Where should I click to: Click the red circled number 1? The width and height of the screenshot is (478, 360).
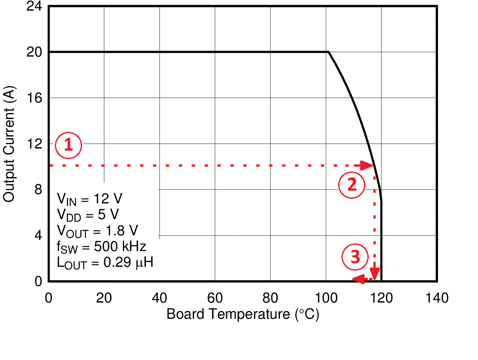point(68,146)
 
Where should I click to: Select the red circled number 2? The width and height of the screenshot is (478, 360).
point(352,185)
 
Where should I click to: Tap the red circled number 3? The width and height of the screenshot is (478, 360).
point(355,257)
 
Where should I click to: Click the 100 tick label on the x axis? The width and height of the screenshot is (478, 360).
point(326,298)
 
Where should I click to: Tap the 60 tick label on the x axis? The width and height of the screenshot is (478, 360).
point(215,298)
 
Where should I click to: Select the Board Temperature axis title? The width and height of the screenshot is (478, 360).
point(243,314)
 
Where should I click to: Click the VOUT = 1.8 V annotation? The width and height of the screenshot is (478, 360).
point(98,231)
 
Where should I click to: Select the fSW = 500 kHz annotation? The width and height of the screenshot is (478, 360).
point(102,246)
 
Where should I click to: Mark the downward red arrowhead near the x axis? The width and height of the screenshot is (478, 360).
point(374,273)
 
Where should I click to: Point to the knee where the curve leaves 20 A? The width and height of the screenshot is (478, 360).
point(328,52)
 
